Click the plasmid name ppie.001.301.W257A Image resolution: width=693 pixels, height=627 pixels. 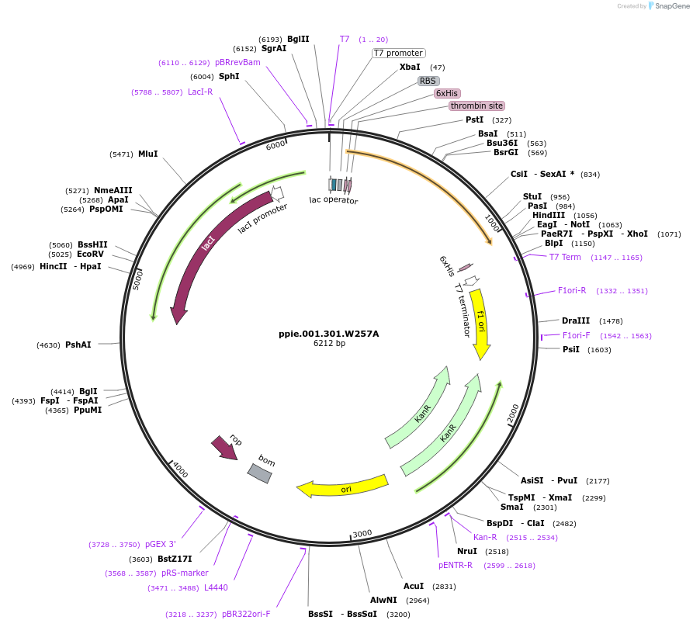pyautogui.click(x=328, y=334)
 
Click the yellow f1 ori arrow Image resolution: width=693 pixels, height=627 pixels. pyautogui.click(x=480, y=323)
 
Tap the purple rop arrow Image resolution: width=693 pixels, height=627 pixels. pyautogui.click(x=225, y=447)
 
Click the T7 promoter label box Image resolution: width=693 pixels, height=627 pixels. pyautogui.click(x=398, y=54)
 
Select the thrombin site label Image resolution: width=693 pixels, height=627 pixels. pyautogui.click(x=476, y=106)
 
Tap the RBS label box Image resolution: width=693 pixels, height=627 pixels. pyautogui.click(x=428, y=81)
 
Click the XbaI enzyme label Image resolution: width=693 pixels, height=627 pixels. pyautogui.click(x=410, y=68)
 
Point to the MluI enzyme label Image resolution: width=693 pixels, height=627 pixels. pyautogui.click(x=147, y=154)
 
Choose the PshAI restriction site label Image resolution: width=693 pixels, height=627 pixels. pyautogui.click(x=78, y=345)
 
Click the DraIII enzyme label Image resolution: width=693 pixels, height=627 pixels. pyautogui.click(x=576, y=320)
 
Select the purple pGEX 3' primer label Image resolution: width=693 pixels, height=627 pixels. pyautogui.click(x=161, y=545)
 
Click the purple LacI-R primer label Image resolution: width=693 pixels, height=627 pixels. pyautogui.click(x=200, y=92)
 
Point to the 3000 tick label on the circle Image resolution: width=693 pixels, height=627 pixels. pyautogui.click(x=362, y=533)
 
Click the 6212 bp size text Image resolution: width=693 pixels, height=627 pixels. pyautogui.click(x=329, y=343)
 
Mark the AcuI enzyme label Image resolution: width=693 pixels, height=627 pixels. pyautogui.click(x=414, y=586)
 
